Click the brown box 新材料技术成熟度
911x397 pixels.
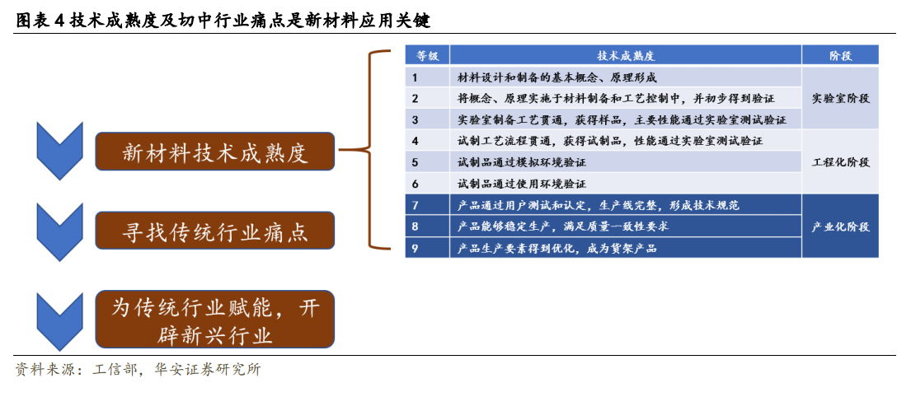point(215,152)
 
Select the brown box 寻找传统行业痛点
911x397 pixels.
point(215,231)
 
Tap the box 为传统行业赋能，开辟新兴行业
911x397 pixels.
point(215,320)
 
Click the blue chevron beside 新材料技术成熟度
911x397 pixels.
point(60,151)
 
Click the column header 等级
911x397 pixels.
point(427,56)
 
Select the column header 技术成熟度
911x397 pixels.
point(626,56)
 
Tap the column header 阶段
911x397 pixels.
point(840,56)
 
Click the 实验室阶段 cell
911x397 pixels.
point(840,98)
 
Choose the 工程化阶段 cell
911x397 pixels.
point(840,162)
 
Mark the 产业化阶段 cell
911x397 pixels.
point(840,227)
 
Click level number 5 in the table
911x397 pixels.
point(415,162)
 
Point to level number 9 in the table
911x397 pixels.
point(415,249)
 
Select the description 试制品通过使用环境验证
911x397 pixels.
point(522,184)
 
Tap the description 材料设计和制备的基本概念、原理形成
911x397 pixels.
point(557,77)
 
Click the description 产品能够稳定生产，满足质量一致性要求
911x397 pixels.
point(563,227)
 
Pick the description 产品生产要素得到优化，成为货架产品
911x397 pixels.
point(557,249)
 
